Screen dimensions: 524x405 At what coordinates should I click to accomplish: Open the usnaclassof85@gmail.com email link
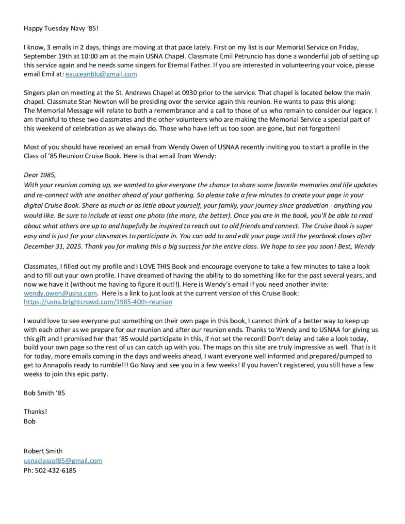(63, 461)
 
